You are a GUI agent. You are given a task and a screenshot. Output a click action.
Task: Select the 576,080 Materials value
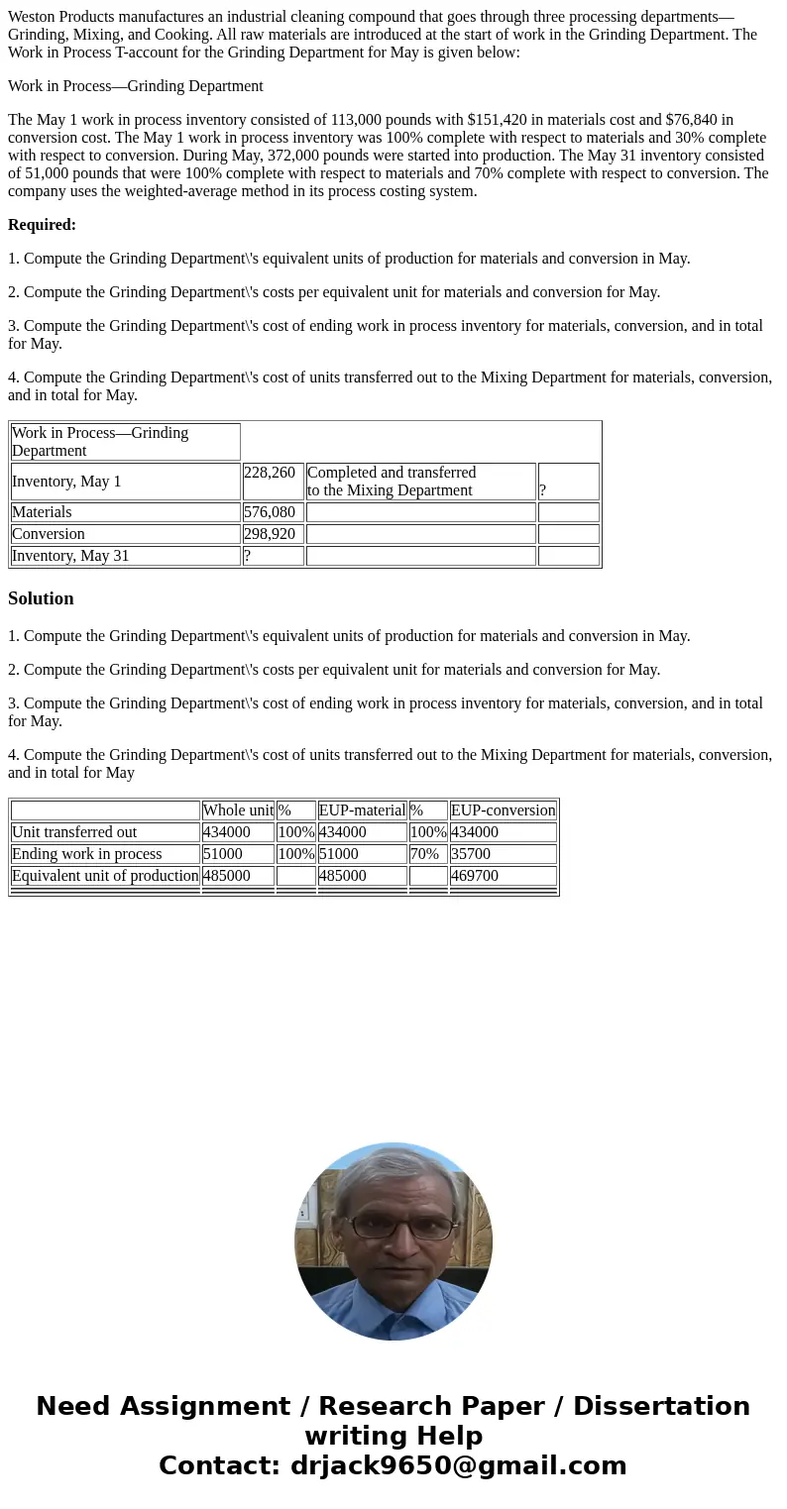click(270, 512)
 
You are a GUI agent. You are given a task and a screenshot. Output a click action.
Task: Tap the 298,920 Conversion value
click(270, 534)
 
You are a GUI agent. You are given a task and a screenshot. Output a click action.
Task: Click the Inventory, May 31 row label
click(70, 556)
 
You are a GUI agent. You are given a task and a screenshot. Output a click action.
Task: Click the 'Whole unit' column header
click(238, 810)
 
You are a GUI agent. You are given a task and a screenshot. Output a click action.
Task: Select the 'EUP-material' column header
click(362, 810)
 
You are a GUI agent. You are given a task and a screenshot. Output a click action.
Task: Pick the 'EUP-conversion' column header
click(503, 810)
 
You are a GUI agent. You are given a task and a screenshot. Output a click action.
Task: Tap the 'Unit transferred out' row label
click(74, 832)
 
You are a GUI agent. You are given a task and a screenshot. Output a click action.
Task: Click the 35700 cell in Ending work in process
click(471, 854)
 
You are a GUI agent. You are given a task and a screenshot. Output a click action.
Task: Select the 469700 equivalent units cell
click(475, 876)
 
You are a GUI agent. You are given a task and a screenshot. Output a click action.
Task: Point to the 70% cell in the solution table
click(424, 854)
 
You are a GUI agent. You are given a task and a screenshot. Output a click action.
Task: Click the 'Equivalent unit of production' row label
click(105, 876)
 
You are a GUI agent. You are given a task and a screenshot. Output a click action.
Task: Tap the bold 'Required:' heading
click(42, 225)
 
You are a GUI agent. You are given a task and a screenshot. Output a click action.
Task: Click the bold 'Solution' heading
click(41, 598)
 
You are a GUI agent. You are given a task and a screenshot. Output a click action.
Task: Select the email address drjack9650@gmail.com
click(458, 1466)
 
